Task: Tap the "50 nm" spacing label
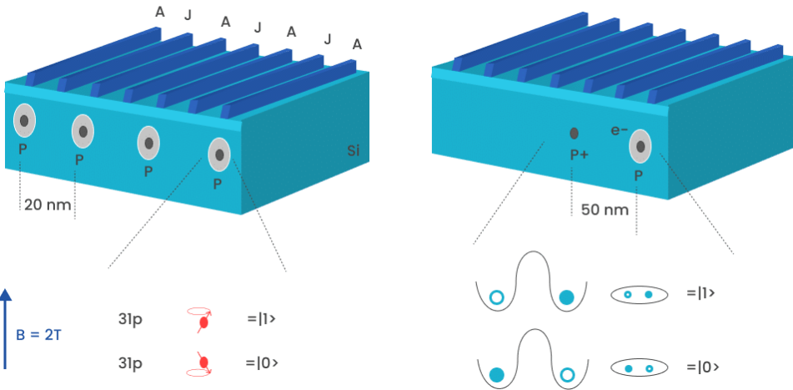605,210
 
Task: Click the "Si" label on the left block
354,152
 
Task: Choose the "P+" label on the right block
580,154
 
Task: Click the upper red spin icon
201,318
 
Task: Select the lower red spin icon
200,362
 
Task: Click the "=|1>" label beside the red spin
262,318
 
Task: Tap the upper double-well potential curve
532,284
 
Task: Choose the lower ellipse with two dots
640,367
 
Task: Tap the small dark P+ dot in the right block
575,133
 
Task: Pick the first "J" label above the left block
188,14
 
